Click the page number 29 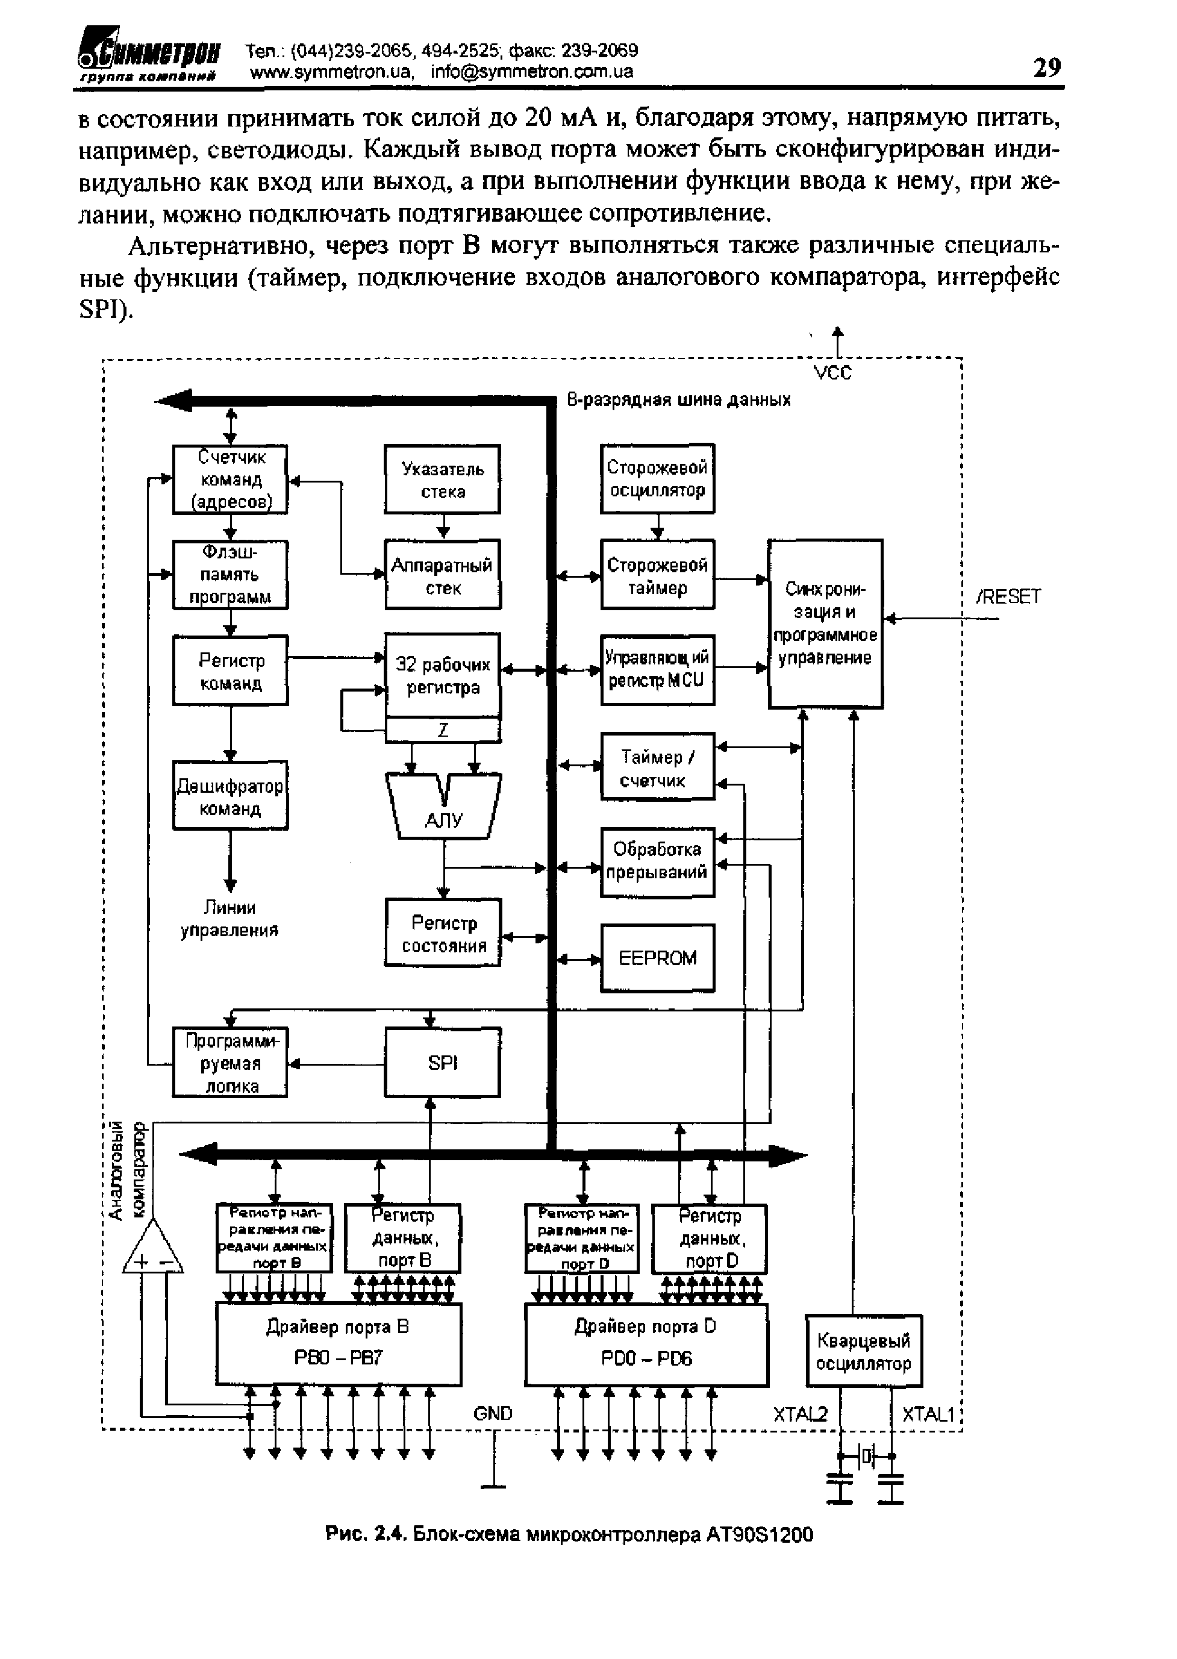click(1046, 67)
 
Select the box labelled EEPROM click(657, 958)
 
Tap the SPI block click(442, 1063)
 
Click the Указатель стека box click(442, 480)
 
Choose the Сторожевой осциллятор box click(657, 478)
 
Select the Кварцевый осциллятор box click(863, 1352)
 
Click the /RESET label click(1008, 596)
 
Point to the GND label click(493, 1413)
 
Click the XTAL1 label click(928, 1414)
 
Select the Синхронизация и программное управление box click(825, 624)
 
